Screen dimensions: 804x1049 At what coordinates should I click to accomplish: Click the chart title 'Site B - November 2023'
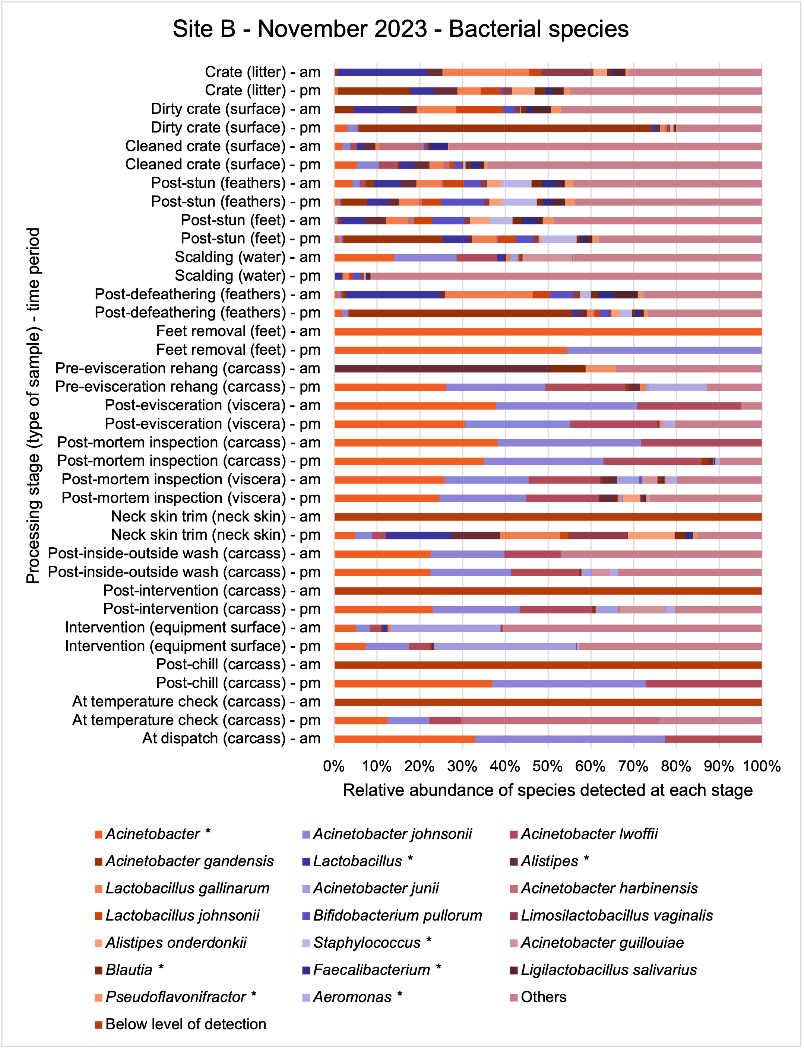coord(300,29)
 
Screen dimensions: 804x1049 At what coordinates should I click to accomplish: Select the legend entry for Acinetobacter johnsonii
coord(387,834)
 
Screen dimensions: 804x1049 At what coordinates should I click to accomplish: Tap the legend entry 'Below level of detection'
coord(180,1024)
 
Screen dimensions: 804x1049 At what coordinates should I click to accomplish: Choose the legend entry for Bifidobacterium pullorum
coord(392,916)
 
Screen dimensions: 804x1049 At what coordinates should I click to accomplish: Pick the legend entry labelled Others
coord(538,997)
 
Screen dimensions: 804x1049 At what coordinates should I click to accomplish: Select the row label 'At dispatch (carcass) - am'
coord(231,739)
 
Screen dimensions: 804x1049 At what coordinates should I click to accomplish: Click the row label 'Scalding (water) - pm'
coord(247,276)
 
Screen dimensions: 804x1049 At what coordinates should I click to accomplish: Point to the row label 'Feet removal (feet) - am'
coord(238,331)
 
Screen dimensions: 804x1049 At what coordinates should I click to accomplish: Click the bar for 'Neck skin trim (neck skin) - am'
coord(548,517)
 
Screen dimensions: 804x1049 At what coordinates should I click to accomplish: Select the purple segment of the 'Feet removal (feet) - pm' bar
coord(664,350)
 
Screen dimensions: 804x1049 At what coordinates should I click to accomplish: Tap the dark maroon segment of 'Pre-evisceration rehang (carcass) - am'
coord(442,369)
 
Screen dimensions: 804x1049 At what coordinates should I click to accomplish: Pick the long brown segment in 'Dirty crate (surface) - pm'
coord(505,128)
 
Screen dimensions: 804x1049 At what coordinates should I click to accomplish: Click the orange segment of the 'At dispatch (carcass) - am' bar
coord(404,739)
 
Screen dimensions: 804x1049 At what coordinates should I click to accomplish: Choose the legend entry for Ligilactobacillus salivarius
coord(604,970)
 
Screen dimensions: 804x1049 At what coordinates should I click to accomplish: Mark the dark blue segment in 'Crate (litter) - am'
coord(382,72)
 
